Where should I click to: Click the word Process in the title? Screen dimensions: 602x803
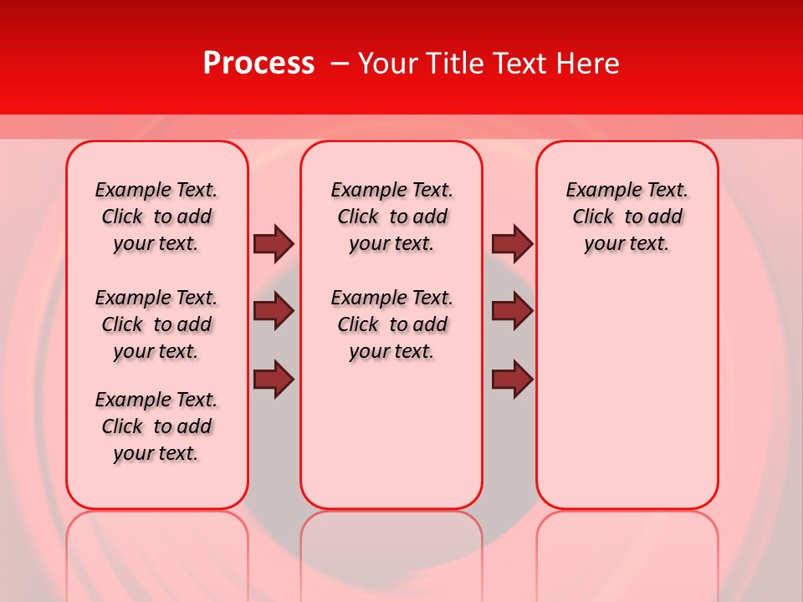coord(258,64)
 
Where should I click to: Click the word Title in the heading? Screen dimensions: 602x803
coord(454,64)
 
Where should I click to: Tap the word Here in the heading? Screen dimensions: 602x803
coord(589,64)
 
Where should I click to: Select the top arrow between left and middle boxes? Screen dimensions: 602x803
coord(274,243)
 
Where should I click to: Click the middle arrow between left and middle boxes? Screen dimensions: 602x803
coord(274,311)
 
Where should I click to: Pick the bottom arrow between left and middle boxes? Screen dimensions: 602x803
coord(274,379)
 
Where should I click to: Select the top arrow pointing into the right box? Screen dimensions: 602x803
coord(512,243)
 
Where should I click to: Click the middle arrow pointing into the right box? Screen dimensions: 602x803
coord(512,311)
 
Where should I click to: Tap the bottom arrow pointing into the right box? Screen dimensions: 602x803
coord(512,379)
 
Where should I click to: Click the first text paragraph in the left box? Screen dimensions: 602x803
coord(156,217)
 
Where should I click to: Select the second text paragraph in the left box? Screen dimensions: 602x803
coord(156,324)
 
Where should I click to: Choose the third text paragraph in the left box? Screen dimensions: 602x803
coord(156,426)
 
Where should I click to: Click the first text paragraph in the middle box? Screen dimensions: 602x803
coord(392,217)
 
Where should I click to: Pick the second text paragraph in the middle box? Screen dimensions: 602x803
coord(392,324)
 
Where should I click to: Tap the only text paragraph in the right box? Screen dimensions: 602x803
coord(627,217)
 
